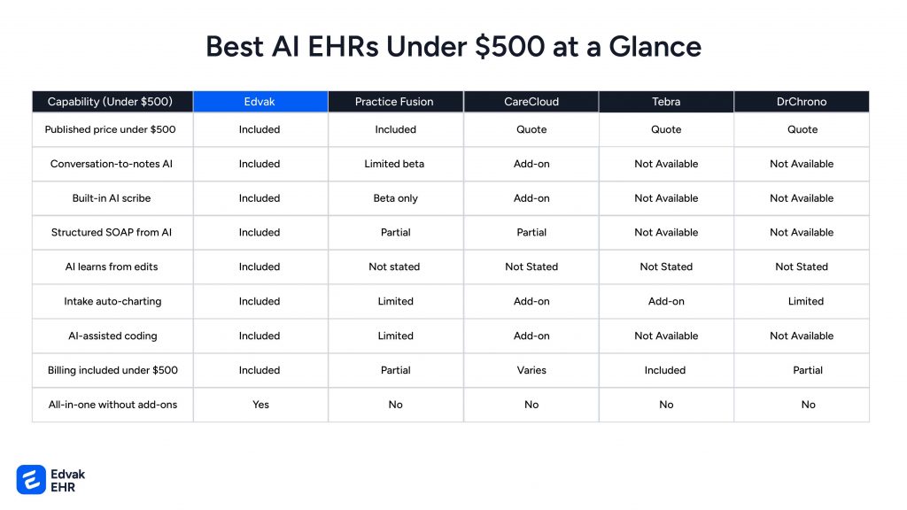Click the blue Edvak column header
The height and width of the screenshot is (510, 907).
[260, 102]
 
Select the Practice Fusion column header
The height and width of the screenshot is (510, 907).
[394, 102]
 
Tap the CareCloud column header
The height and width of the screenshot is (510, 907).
[531, 102]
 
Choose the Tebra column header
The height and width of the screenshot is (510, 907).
[666, 102]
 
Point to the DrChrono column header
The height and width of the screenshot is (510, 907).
[802, 102]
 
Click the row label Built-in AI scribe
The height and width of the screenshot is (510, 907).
[112, 198]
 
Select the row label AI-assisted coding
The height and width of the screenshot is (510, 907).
[112, 336]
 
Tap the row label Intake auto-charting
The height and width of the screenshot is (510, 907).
[112, 301]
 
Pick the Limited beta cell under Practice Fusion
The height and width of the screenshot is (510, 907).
[395, 164]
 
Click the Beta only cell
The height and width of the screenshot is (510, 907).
[395, 198]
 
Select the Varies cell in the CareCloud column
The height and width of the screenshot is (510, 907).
[531, 370]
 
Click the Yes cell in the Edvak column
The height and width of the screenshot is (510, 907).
[260, 405]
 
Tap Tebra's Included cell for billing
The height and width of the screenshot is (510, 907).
[665, 370]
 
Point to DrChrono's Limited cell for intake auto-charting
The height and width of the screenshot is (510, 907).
[806, 301]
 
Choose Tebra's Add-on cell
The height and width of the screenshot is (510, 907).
[666, 301]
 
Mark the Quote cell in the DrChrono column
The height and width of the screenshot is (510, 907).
[802, 129]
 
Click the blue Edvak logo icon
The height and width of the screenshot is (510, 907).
[31, 479]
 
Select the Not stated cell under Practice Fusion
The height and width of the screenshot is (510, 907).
[394, 267]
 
